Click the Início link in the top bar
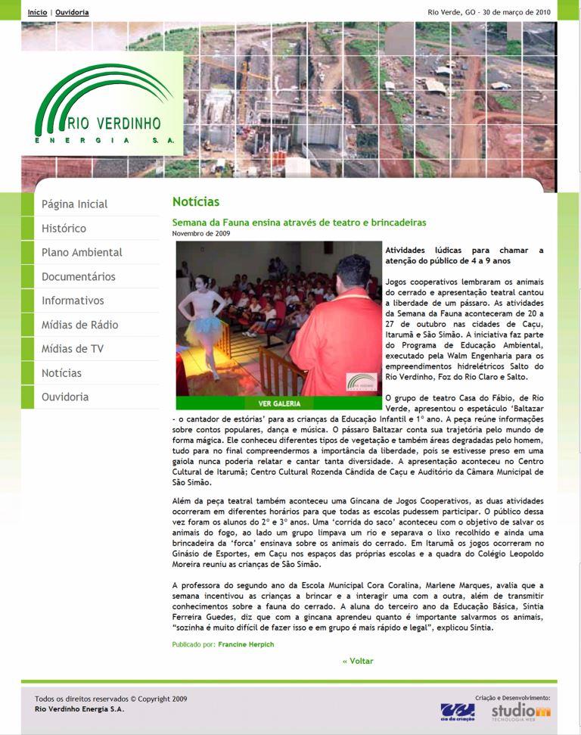tap(37, 12)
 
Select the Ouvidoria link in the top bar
tap(72, 12)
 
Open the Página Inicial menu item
tap(74, 204)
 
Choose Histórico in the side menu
tap(64, 229)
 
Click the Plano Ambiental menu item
tap(82, 253)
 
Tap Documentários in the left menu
tap(79, 277)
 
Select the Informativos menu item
tap(73, 301)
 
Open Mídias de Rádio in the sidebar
tap(79, 325)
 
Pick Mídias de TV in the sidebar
tap(73, 349)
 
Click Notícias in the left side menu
tap(61, 373)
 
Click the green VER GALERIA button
tap(279, 403)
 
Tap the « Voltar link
tap(358, 661)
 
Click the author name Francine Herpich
tap(246, 644)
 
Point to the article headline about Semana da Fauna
tap(299, 223)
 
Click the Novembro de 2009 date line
tap(201, 233)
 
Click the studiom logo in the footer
tap(520, 712)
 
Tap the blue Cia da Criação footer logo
tap(458, 712)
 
